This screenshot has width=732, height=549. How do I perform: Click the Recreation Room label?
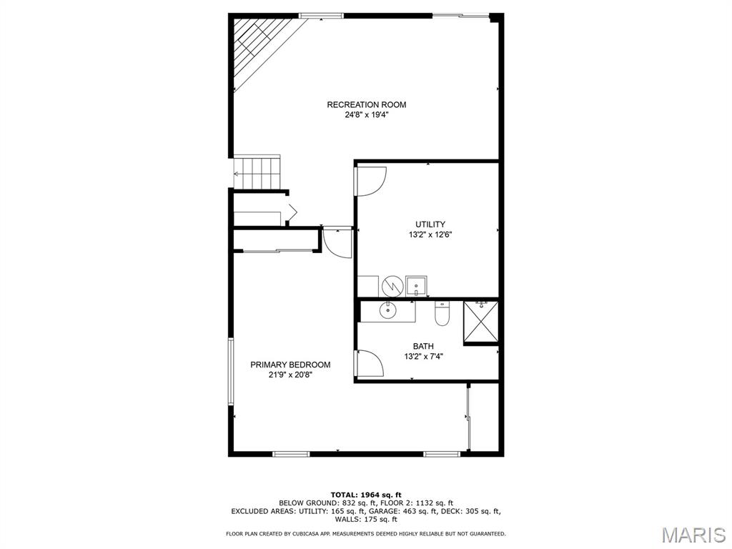(x=366, y=105)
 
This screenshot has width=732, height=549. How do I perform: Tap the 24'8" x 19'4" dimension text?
(x=366, y=114)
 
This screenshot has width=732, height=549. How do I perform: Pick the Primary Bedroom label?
(x=290, y=365)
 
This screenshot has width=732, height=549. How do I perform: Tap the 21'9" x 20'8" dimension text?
(x=290, y=375)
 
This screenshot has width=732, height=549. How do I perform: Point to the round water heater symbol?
(x=392, y=286)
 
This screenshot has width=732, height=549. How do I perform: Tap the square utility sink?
(x=416, y=286)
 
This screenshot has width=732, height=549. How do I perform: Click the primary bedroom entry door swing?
(x=336, y=242)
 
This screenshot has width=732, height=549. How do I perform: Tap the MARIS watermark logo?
(x=693, y=534)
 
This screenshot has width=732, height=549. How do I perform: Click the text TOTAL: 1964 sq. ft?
(x=366, y=495)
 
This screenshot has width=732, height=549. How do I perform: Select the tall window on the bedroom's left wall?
(x=230, y=372)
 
